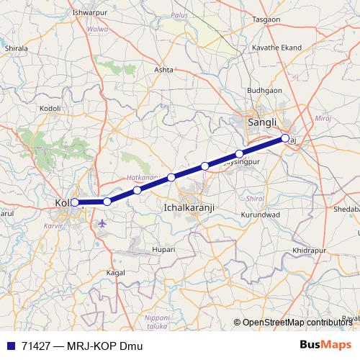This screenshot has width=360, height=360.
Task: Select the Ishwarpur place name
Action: pos(90,13)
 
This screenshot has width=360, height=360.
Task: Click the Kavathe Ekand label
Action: pos(276,48)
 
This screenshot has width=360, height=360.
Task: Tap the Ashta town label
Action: pos(165,70)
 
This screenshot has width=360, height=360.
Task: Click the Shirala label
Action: pos(15,48)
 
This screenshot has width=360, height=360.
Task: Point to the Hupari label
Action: pos(164,249)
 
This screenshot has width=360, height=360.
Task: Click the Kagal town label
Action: pos(115,274)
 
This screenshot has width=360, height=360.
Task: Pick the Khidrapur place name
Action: pos(310,250)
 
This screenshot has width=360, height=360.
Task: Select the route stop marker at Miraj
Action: pos(285,138)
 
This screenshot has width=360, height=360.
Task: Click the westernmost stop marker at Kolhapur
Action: pos(75,202)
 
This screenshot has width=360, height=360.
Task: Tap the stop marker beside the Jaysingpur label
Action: pos(239,153)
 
